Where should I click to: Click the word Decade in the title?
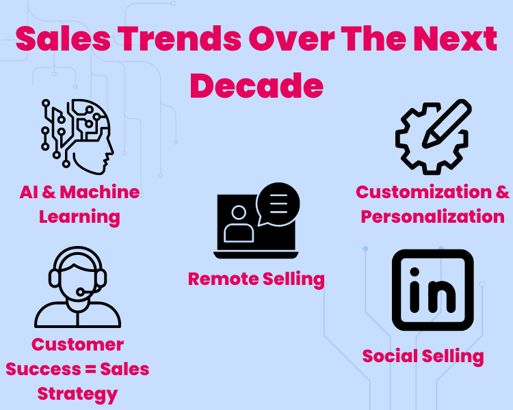[256, 85]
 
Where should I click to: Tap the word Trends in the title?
[179, 39]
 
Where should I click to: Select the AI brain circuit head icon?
[77, 137]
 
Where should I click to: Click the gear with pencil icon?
[434, 137]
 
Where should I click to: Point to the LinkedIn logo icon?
[432, 290]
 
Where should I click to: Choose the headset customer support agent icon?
[77, 287]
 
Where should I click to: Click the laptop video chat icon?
[256, 221]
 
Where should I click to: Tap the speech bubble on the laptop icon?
[278, 204]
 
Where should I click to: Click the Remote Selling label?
[256, 279]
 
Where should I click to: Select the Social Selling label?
[423, 357]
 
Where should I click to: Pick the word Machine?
[100, 192]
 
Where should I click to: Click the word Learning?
[79, 217]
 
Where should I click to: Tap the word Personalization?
[433, 217]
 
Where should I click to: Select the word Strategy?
[77, 394]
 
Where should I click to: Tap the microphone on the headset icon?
[80, 291]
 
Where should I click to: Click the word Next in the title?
[455, 39]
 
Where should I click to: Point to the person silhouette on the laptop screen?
[239, 224]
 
